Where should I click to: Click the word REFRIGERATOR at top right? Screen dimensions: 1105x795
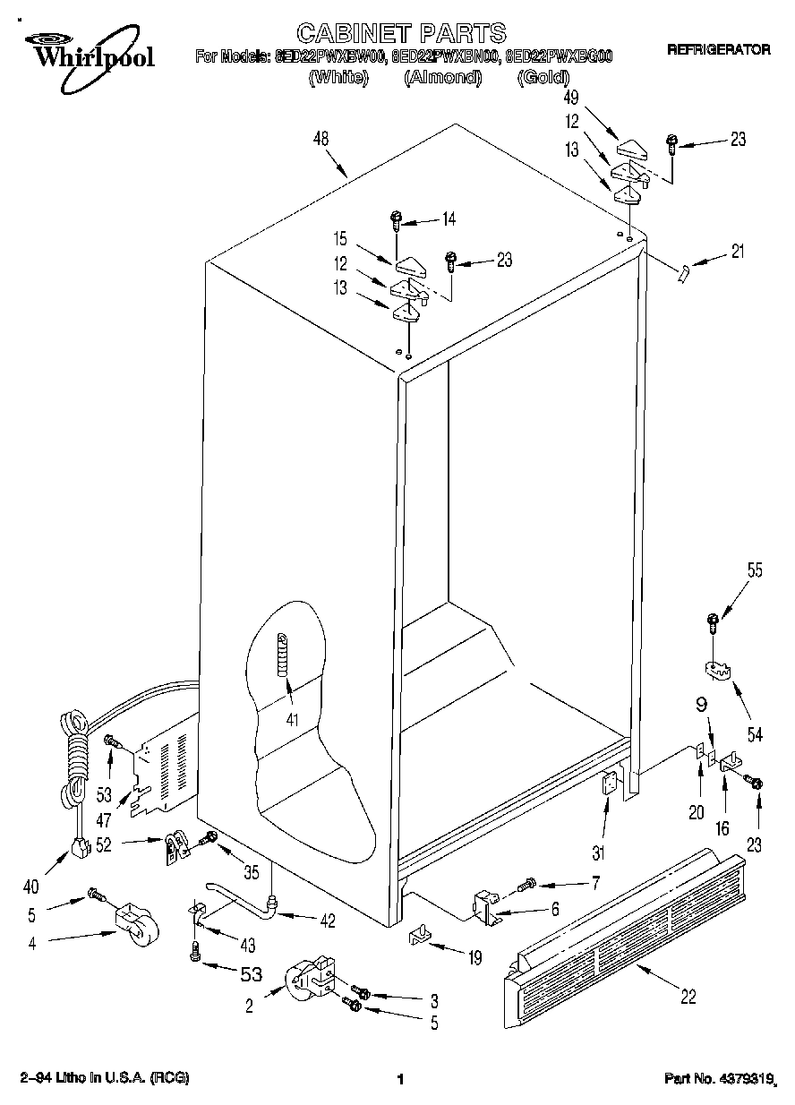[x=718, y=50]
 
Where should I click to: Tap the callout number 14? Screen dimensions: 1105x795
[x=449, y=218]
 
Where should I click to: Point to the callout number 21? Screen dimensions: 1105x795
[x=737, y=252]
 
